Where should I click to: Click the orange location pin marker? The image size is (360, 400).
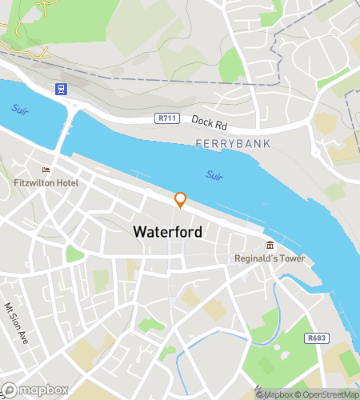[181, 200]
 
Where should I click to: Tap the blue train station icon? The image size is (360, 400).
[60, 88]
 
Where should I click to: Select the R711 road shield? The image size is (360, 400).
[166, 118]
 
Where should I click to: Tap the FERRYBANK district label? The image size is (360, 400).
[233, 143]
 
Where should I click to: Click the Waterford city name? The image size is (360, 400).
[167, 232]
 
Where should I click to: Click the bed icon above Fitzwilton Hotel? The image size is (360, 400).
[46, 170]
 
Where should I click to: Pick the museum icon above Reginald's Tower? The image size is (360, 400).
[270, 246]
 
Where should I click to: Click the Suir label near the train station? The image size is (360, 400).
[20, 109]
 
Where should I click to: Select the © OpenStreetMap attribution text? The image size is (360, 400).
[328, 394]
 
